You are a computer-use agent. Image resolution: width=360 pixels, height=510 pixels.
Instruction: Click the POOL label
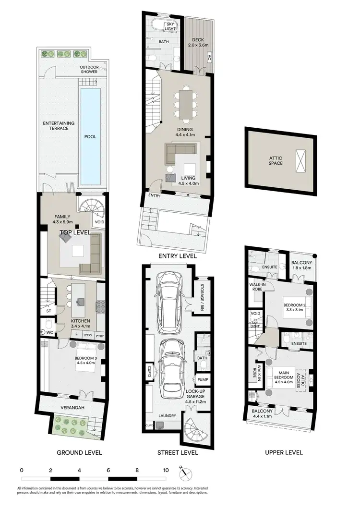click(90, 136)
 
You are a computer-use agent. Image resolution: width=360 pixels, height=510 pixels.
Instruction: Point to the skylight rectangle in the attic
click(301, 160)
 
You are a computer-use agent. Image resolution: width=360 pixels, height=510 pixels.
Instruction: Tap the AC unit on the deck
click(209, 57)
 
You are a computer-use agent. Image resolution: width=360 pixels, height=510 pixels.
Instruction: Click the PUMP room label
click(203, 379)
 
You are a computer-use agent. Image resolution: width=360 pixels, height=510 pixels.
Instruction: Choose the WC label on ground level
click(49, 332)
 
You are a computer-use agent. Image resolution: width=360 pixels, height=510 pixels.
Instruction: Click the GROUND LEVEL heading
click(79, 452)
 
